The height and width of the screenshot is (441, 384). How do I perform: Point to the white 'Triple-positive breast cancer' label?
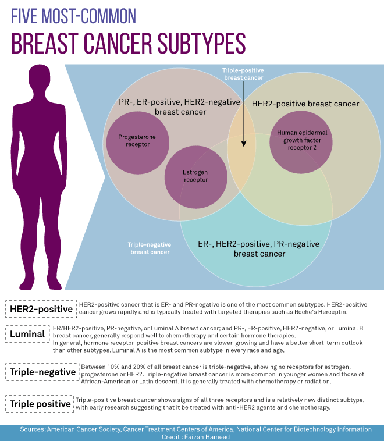[243, 74]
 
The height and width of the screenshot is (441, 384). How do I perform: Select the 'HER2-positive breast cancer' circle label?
[305, 104]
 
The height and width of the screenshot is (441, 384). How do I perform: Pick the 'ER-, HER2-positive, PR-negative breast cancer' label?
[259, 248]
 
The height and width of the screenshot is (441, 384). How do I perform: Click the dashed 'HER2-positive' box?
[41, 308]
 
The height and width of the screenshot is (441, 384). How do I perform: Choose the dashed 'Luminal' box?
[27, 334]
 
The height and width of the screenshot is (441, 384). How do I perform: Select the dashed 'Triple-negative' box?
[41, 372]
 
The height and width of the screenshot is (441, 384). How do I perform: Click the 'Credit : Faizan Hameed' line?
[192, 436]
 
